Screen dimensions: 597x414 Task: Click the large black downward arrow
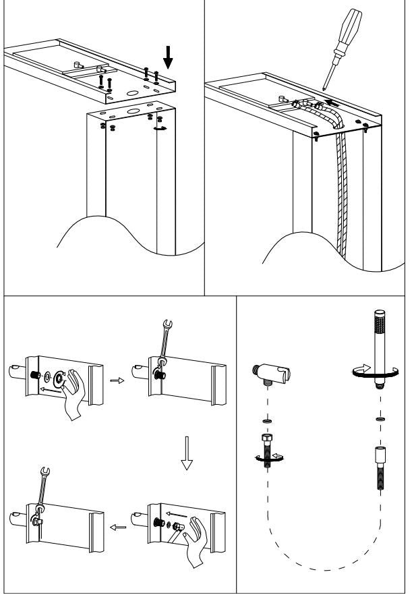pos(168,60)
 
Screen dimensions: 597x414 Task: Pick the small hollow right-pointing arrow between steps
pos(117,380)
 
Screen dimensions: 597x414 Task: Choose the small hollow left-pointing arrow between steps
pos(117,527)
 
